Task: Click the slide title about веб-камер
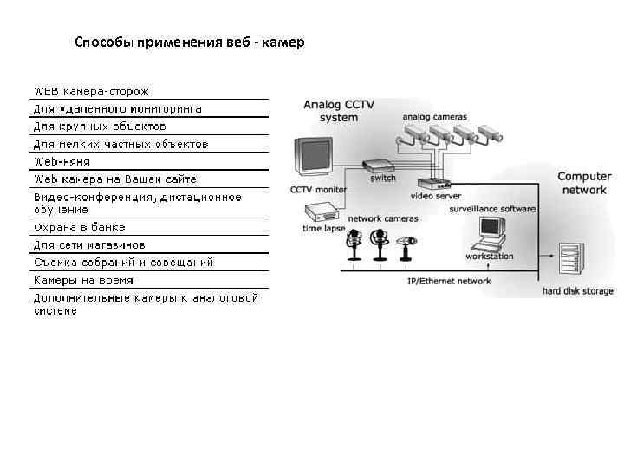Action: tap(189, 42)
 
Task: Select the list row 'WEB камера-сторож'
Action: tap(91, 91)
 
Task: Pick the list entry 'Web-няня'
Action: tap(62, 161)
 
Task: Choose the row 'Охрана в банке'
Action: tap(79, 227)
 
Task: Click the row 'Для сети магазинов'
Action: tap(89, 245)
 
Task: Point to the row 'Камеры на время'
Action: tap(83, 281)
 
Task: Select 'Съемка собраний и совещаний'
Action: tap(123, 263)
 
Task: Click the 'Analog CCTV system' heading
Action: tap(339, 111)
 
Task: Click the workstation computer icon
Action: tap(491, 232)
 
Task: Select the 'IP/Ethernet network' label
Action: tap(449, 282)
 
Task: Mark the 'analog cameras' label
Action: tap(435, 116)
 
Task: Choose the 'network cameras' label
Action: tap(382, 219)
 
